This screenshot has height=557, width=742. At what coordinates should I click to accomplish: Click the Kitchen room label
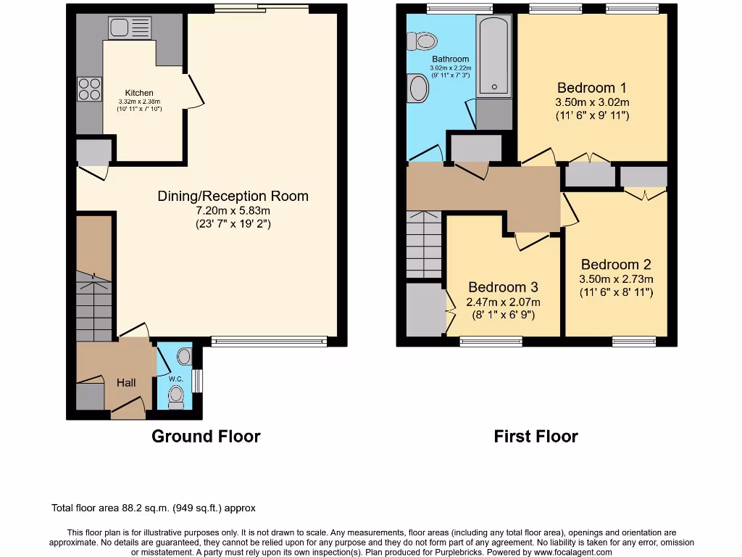[x=139, y=93]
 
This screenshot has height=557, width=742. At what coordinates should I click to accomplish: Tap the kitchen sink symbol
[x=128, y=28]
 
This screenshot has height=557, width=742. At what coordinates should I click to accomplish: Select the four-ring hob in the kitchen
[x=90, y=88]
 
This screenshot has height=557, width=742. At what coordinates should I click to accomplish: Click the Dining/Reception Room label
[x=233, y=196]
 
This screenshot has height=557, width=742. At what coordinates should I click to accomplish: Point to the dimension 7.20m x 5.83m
[x=233, y=210]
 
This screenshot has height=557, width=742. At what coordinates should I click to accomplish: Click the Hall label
[x=126, y=382]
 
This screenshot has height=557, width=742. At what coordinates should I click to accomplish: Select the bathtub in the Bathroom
[x=494, y=57]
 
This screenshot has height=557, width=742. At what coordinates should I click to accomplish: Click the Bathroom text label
[x=451, y=59]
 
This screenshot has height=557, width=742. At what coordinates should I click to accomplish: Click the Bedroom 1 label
[x=592, y=88]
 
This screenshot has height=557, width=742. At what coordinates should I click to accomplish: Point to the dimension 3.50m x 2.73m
[x=616, y=279]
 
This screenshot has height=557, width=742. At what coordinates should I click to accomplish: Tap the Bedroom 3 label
[x=503, y=287]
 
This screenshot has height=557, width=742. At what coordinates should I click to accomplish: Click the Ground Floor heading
[x=206, y=436]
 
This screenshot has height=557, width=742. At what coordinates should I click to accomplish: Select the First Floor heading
[x=535, y=436]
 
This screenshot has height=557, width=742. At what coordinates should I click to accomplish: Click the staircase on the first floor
[x=424, y=245]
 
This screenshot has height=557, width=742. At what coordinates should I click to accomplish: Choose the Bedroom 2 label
[x=616, y=265]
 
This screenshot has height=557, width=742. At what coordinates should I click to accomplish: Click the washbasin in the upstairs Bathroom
[x=419, y=89]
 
